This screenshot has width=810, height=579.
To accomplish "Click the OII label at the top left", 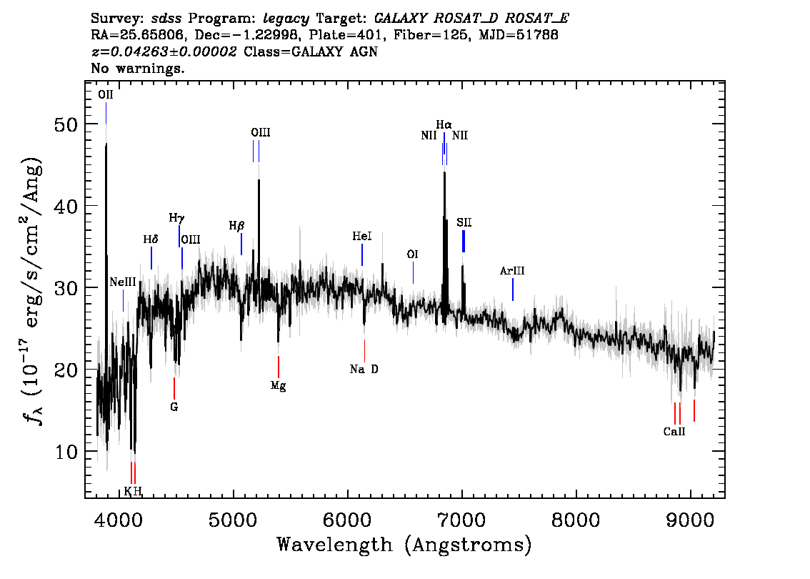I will pos(106,94).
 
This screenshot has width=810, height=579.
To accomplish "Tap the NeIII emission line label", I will pos(123,283).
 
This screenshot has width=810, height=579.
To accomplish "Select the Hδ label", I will pos(151,240).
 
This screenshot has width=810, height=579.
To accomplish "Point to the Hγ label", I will pos(176,217).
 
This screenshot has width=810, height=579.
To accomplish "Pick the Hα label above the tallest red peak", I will pos(444,124).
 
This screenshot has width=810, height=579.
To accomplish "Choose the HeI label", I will pos(362,237).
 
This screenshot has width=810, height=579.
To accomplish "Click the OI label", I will pos(412,254).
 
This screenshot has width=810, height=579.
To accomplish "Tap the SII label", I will pos(464,223).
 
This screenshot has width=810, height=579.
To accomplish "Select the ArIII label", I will pos(512,271).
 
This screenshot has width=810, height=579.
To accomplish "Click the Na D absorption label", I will pos(364,370).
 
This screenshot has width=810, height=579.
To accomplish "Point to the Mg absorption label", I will pos(278,386).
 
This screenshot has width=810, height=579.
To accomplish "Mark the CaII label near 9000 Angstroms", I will pos(674,432).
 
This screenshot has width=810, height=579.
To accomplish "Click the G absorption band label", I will pos(174,407).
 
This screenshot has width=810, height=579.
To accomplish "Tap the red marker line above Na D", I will pos(364,350).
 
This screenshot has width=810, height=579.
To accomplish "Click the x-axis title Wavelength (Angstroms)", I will pos(404,545).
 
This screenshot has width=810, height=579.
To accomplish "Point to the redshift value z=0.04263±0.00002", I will pos(164,52).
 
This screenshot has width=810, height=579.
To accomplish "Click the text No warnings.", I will pos(138,69).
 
